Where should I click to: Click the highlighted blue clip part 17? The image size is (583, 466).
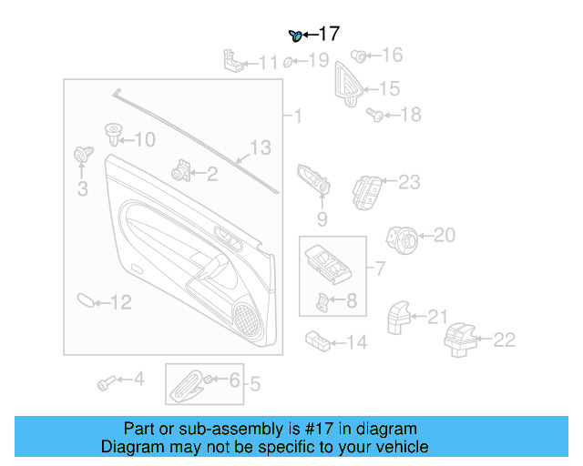click(295, 35)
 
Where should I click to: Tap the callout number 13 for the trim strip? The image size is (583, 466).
click(261, 147)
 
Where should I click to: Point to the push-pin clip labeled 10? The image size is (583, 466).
click(114, 135)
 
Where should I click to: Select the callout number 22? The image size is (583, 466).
click(504, 339)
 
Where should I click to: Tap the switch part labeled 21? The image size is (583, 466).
click(399, 318)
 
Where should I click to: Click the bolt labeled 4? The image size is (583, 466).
click(106, 382)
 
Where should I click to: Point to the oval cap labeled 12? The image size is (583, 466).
click(84, 299)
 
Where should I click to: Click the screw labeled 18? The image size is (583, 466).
click(373, 115)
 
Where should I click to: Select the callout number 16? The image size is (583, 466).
click(391, 56)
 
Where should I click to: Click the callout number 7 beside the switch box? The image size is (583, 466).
click(381, 268)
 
